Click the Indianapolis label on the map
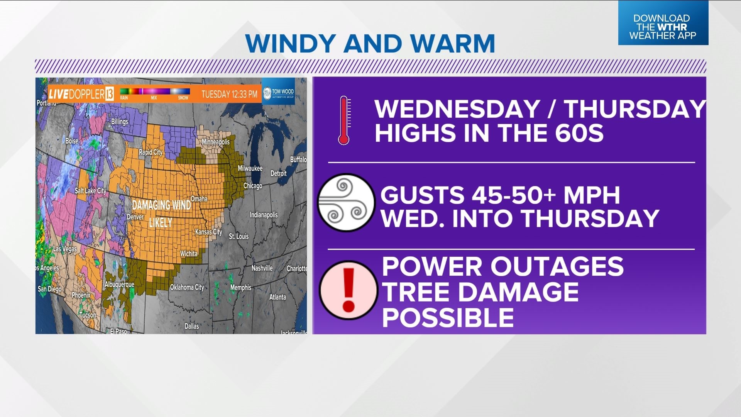click(263, 215)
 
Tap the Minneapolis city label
click(215, 142)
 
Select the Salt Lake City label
click(90, 191)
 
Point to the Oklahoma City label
click(187, 287)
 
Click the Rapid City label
click(151, 152)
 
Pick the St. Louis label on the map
click(239, 236)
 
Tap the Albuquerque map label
click(119, 285)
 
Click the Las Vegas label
click(64, 249)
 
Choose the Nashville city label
click(262, 268)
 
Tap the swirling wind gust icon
click(346, 202)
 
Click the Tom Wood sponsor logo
click(278, 93)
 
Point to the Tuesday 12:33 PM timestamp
click(229, 95)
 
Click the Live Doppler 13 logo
click(81, 94)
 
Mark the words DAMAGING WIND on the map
click(161, 205)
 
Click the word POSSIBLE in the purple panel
click(448, 317)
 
